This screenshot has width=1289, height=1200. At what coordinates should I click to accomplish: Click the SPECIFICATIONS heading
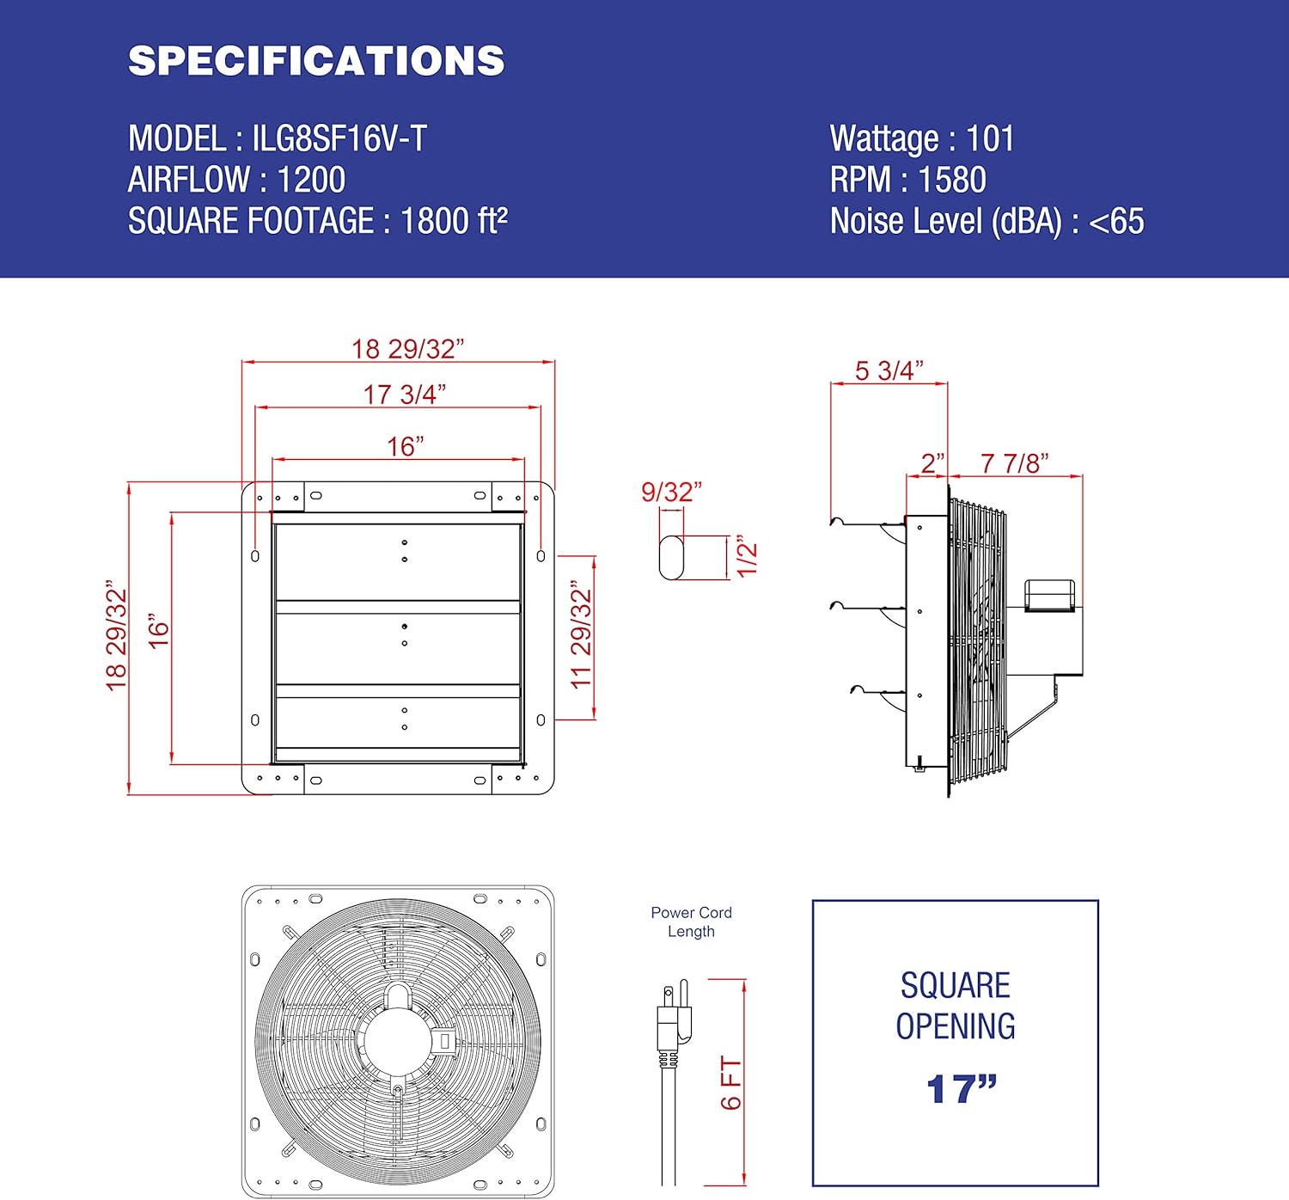click(316, 61)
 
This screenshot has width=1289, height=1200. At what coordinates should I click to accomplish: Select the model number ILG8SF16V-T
click(339, 139)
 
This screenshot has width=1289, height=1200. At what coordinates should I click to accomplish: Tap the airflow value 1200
click(311, 181)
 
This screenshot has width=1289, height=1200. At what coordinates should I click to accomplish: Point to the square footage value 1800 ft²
click(454, 222)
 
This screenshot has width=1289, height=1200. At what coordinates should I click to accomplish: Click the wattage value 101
click(990, 139)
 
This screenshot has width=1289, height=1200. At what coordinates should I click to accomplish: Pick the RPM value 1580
click(952, 181)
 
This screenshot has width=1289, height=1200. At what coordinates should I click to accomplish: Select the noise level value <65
click(1116, 222)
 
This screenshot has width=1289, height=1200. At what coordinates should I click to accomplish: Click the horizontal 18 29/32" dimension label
click(407, 349)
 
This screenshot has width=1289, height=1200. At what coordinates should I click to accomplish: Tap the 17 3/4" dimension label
click(404, 395)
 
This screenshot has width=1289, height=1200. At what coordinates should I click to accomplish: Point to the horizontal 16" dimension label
click(405, 447)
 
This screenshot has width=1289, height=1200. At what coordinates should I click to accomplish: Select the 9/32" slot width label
click(671, 493)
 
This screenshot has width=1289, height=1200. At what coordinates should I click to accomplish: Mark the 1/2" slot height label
click(747, 559)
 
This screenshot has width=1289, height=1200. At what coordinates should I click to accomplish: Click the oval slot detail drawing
click(671, 558)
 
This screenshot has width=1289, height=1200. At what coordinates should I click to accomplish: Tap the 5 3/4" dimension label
click(889, 370)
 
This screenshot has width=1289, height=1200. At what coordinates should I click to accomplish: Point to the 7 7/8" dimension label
click(1014, 464)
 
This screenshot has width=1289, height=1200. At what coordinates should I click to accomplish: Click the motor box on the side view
click(1049, 596)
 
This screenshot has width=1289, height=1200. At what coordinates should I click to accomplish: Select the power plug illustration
click(673, 1023)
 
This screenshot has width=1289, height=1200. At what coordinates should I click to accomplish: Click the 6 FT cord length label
click(730, 1083)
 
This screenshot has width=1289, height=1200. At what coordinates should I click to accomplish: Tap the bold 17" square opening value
click(961, 1089)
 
